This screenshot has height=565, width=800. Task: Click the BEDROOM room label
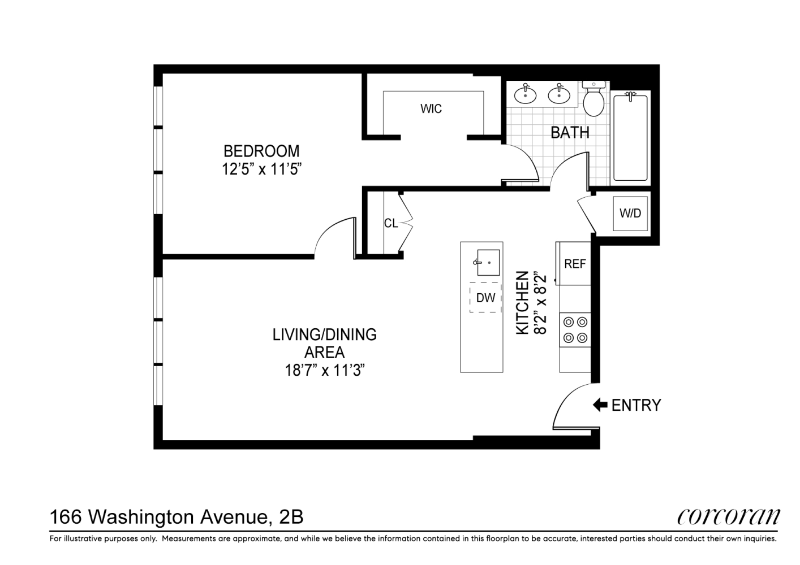(261, 151)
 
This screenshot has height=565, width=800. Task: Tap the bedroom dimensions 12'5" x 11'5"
(261, 169)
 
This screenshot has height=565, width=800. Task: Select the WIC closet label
(431, 108)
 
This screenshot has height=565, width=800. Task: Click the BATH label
(570, 132)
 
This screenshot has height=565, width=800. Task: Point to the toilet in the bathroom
(594, 99)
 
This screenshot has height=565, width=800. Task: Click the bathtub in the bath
(630, 137)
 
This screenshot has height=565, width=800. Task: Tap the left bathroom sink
(526, 94)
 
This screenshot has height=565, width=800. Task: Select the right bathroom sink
(559, 94)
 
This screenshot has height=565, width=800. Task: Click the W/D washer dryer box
(630, 214)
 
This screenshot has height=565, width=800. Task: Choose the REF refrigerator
(575, 264)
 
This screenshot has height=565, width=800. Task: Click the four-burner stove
(575, 330)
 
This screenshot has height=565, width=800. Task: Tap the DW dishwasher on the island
(485, 298)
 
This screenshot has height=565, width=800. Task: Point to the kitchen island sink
(488, 262)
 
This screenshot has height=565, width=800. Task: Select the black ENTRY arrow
(599, 405)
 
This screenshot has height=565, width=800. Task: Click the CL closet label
(390, 223)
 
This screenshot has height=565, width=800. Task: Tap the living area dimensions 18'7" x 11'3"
(324, 371)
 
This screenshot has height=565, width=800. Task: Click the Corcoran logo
(728, 516)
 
